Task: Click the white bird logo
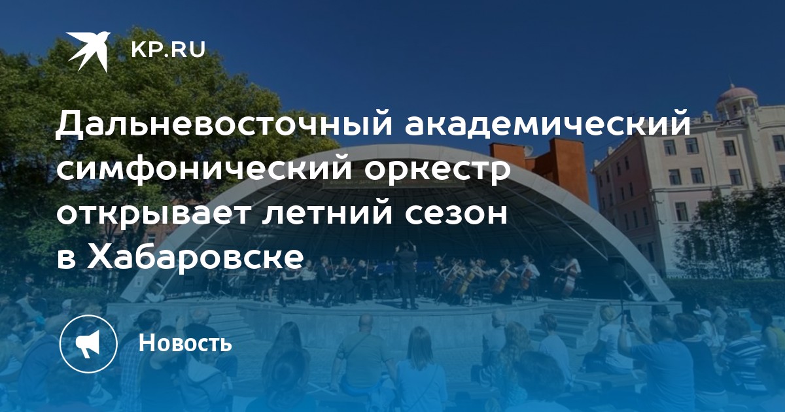point(89,51)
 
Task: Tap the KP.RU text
point(168,50)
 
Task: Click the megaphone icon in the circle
point(88,343)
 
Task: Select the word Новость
point(185,343)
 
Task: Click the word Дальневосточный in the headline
point(224,123)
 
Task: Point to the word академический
point(548,123)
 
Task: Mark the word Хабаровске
point(195,256)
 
